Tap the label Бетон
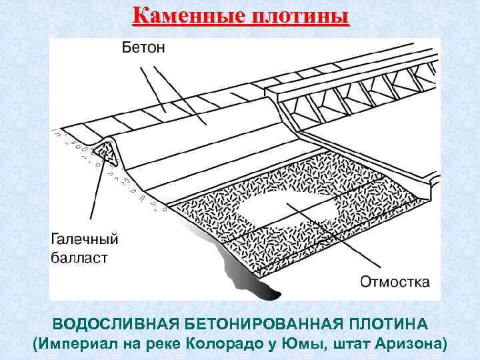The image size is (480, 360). (143, 48)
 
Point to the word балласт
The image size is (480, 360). (80, 257)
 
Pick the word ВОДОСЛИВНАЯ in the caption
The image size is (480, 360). (115, 324)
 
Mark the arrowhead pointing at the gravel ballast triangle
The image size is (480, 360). (105, 155)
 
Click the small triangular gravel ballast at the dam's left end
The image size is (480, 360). (103, 148)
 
